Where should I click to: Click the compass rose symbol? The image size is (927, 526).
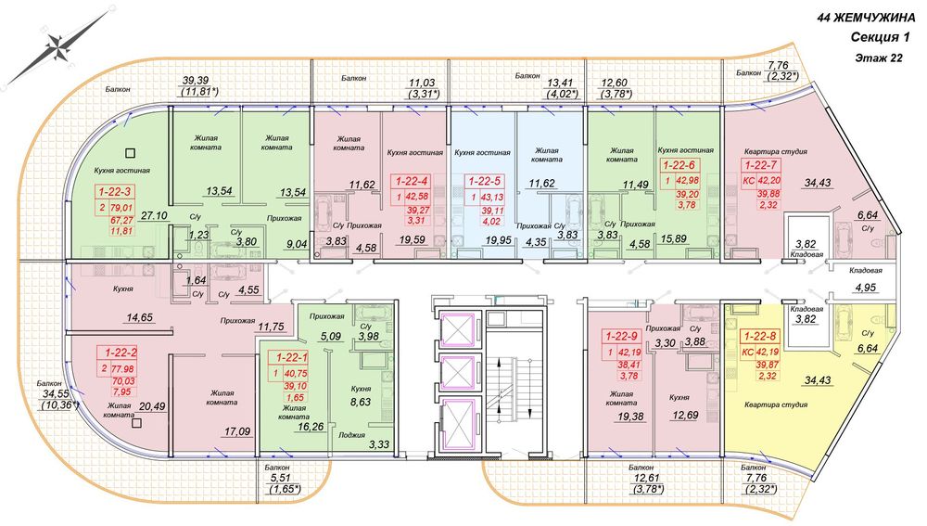[57, 47]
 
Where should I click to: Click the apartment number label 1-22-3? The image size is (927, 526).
[114, 191]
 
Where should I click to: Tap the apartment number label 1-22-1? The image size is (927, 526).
[288, 357]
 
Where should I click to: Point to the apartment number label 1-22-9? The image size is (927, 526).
[621, 337]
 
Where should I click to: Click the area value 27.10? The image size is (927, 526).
[155, 216]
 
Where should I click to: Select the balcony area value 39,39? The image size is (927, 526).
[195, 81]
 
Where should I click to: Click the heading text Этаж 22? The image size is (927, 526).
[879, 58]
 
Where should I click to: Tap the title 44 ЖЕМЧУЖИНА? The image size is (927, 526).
[866, 18]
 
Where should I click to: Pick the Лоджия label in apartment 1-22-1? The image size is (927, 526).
[351, 435]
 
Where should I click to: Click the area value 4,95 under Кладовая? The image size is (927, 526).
[866, 288]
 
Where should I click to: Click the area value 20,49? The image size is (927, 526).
[152, 406]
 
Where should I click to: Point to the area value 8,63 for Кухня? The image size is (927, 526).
[361, 402]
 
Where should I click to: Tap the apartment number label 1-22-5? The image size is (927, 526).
[485, 181]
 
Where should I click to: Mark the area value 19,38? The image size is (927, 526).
[630, 417]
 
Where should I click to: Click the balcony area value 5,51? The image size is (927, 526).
[278, 479]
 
